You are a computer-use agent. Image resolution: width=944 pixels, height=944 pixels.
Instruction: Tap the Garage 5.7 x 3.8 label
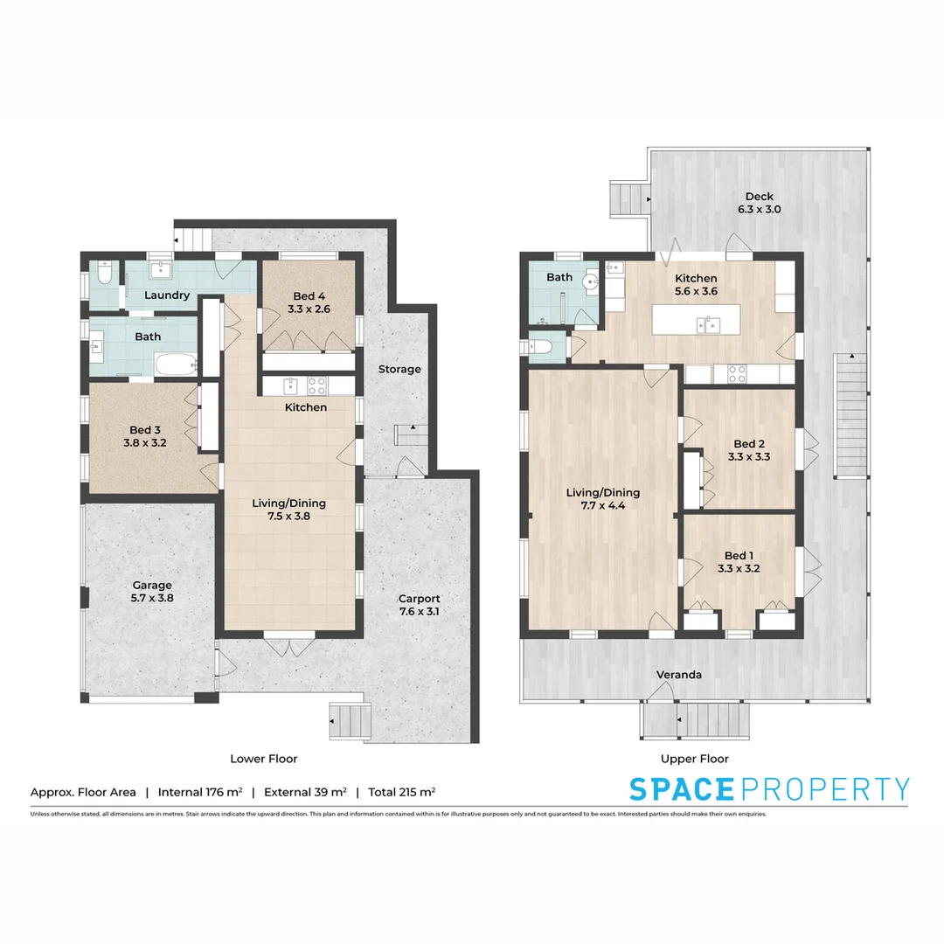tap(152, 592)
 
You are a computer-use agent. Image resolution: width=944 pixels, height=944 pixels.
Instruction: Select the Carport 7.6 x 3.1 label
tap(419, 605)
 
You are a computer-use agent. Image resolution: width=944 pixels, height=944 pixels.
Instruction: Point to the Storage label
tap(399, 369)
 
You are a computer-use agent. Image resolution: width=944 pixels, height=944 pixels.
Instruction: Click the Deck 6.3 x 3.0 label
tap(759, 203)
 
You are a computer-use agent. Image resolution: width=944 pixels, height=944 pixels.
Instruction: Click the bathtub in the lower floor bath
tap(178, 364)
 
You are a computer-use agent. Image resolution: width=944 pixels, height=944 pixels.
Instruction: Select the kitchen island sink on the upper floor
tap(709, 325)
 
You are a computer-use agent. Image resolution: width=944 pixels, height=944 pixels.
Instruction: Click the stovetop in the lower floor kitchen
tap(317, 385)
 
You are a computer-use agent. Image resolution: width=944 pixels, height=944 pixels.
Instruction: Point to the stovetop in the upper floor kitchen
tap(737, 374)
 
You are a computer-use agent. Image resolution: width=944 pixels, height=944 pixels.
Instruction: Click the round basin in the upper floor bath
tap(591, 282)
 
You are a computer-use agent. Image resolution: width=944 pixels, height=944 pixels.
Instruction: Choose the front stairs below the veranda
tap(696, 720)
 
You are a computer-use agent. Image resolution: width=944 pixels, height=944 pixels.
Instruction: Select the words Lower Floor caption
tap(263, 759)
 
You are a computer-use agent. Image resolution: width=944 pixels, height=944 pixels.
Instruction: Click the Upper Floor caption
tap(695, 759)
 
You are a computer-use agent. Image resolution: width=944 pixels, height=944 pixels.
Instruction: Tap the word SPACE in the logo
tap(682, 788)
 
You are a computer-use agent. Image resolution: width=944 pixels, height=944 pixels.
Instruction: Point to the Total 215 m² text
tap(401, 792)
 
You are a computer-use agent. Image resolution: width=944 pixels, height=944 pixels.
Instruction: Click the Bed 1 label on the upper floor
tap(737, 561)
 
